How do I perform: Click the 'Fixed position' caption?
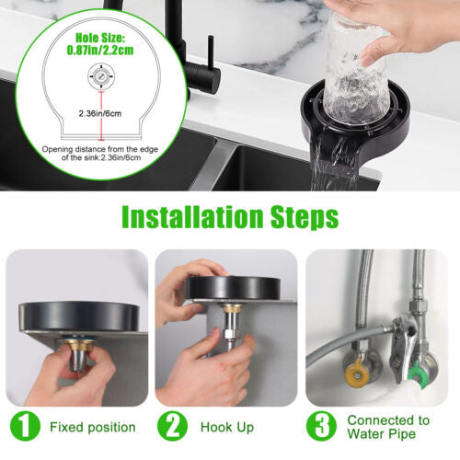[93, 428]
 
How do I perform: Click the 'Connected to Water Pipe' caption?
[387, 428]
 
